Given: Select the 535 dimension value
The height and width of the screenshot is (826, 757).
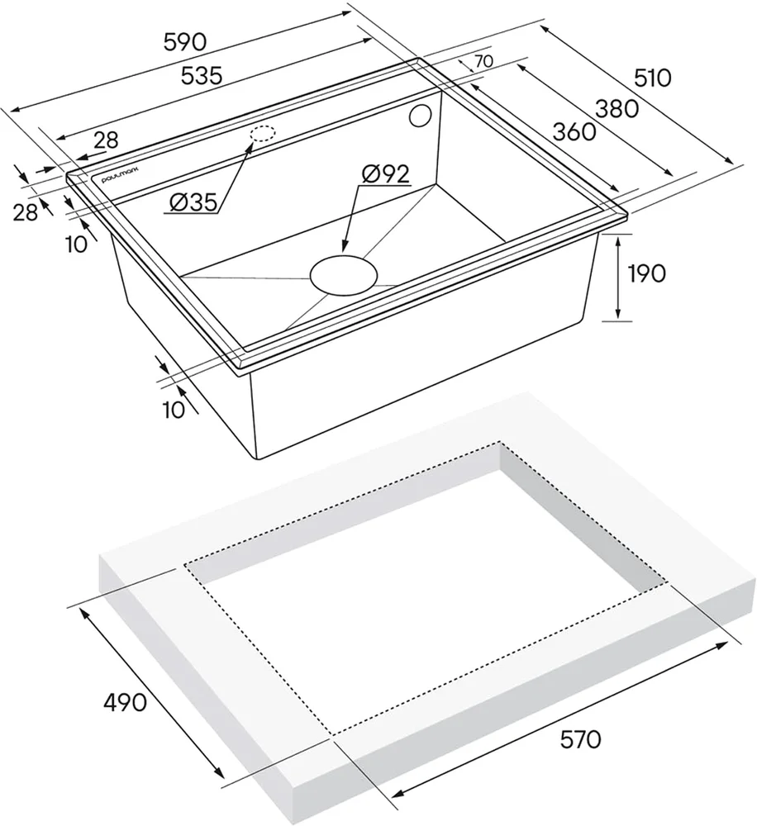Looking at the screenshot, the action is [x=202, y=76].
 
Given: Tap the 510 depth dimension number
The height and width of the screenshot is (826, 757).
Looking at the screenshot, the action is [x=653, y=78].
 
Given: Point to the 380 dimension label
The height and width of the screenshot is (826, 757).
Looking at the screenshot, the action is [x=617, y=108].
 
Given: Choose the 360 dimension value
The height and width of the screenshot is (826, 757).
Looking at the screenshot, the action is [x=574, y=131].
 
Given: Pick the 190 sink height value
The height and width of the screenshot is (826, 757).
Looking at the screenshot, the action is [x=646, y=273].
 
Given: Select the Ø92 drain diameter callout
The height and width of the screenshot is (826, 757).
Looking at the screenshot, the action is [x=385, y=173].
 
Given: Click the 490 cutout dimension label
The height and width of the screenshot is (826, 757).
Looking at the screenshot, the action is [x=125, y=702].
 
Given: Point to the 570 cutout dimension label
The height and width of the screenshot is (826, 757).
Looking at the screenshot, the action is [x=580, y=740].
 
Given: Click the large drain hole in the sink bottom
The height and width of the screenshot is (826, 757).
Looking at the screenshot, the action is [x=344, y=275].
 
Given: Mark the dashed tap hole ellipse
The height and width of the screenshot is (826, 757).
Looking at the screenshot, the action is [x=263, y=134].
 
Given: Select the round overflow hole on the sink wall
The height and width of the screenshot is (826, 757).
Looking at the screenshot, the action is [x=420, y=116].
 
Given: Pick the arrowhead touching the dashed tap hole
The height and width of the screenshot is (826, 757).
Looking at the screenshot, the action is [x=249, y=146].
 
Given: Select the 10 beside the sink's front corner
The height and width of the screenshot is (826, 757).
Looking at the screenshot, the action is [x=175, y=410].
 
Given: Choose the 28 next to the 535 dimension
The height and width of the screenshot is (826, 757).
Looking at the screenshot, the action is [x=107, y=140].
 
